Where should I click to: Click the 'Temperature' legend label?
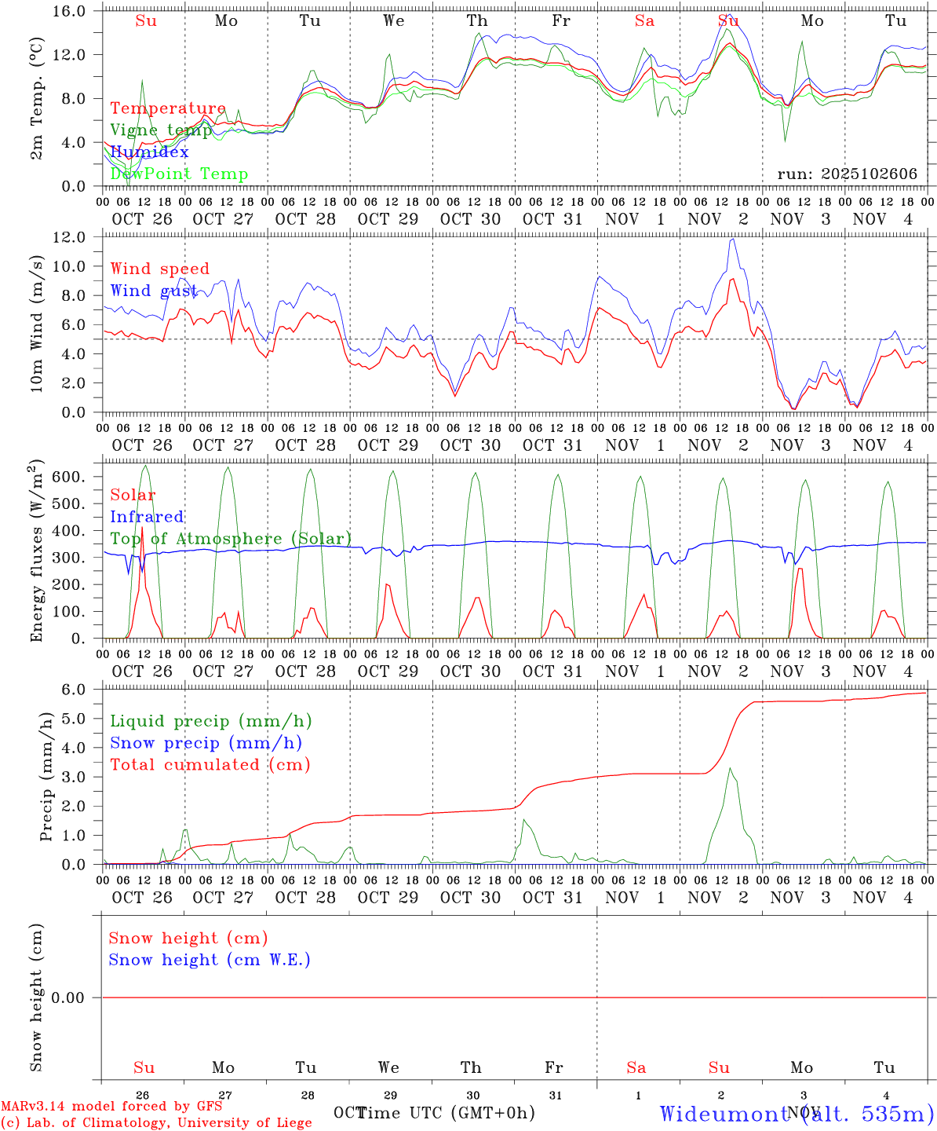[168, 108]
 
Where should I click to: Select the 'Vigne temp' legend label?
[161, 130]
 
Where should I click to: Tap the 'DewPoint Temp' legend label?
[179, 174]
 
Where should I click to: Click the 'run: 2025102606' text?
[847, 174]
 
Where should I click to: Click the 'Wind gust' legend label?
[154, 291]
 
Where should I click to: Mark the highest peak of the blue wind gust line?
[733, 240]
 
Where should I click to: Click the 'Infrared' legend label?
[147, 517]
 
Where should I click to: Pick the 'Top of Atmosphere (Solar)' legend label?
[231, 539]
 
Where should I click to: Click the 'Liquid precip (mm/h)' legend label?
[210, 721]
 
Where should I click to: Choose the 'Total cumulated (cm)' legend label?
[210, 765]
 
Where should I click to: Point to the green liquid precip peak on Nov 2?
[730, 768]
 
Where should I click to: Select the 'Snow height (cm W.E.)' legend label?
[210, 960]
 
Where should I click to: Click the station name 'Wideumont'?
[724, 1114]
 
